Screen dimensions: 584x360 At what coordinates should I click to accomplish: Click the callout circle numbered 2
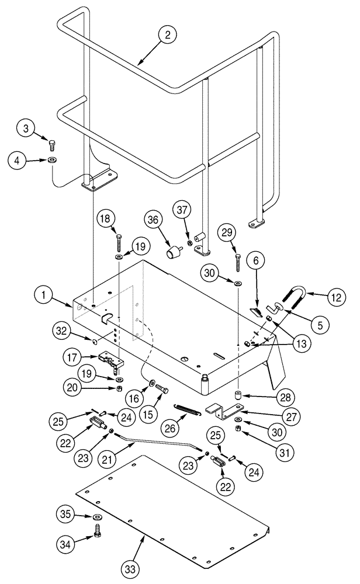click(167, 35)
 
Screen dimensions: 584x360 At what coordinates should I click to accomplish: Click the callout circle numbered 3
click(25, 128)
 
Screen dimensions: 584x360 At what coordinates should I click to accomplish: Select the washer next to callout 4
click(53, 159)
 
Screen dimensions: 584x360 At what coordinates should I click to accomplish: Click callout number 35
click(66, 515)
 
